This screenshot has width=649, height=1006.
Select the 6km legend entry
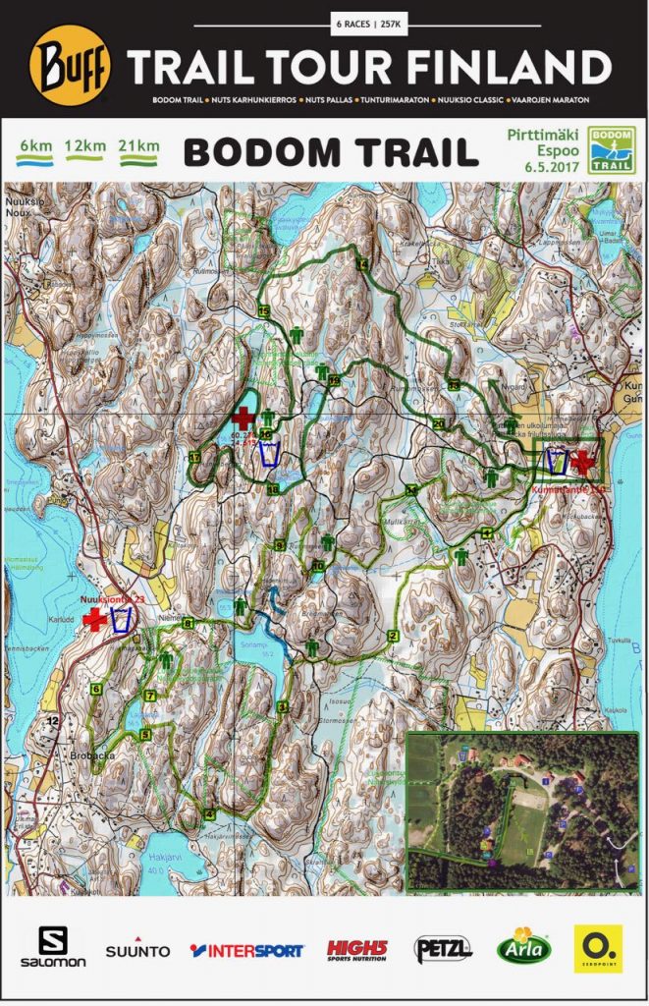pyautogui.click(x=35, y=148)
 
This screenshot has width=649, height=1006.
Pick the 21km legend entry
pyautogui.click(x=138, y=148)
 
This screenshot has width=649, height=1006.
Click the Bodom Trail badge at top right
pyautogui.click(x=610, y=150)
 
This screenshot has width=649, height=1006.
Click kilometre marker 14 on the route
pyautogui.click(x=361, y=264)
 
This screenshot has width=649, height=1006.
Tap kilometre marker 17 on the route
pyautogui.click(x=195, y=458)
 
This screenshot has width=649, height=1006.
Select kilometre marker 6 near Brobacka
pyautogui.click(x=96, y=689)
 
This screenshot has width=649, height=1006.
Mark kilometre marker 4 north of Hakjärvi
pyautogui.click(x=209, y=813)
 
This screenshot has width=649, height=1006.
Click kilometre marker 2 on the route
pyautogui.click(x=393, y=636)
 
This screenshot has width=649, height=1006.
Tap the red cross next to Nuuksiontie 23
pyautogui.click(x=94, y=619)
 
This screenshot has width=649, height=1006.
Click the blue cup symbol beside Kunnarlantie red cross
pyautogui.click(x=557, y=460)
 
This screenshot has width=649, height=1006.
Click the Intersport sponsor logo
pyautogui.click(x=246, y=950)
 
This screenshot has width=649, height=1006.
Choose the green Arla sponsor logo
pyautogui.click(x=524, y=947)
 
